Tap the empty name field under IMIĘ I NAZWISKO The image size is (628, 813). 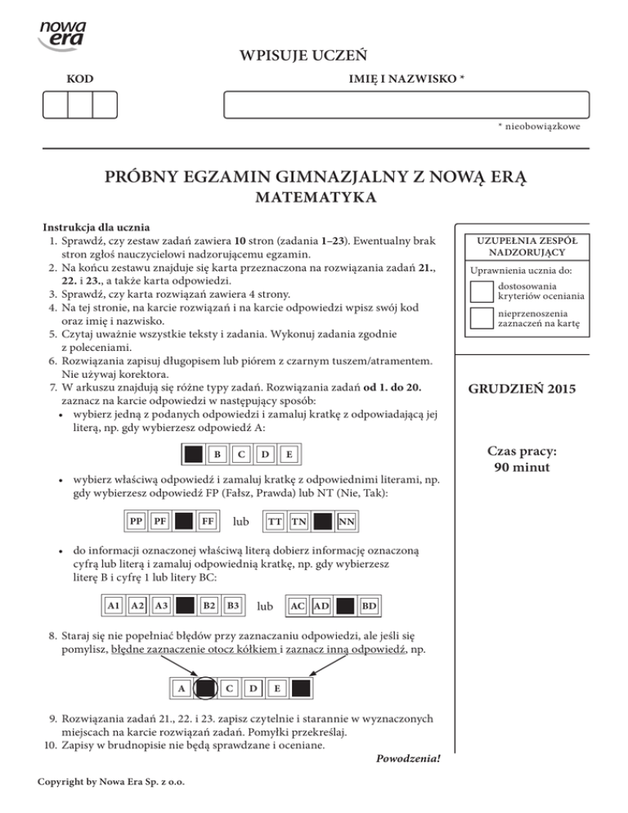pos(406,106)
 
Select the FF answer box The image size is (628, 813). pos(208,520)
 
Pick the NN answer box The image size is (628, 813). pos(346,520)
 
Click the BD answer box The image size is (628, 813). pos(369,605)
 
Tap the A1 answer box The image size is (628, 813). pos(115,605)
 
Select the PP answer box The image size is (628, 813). pos(138,520)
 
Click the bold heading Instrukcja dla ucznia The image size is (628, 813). pos(96,227)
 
